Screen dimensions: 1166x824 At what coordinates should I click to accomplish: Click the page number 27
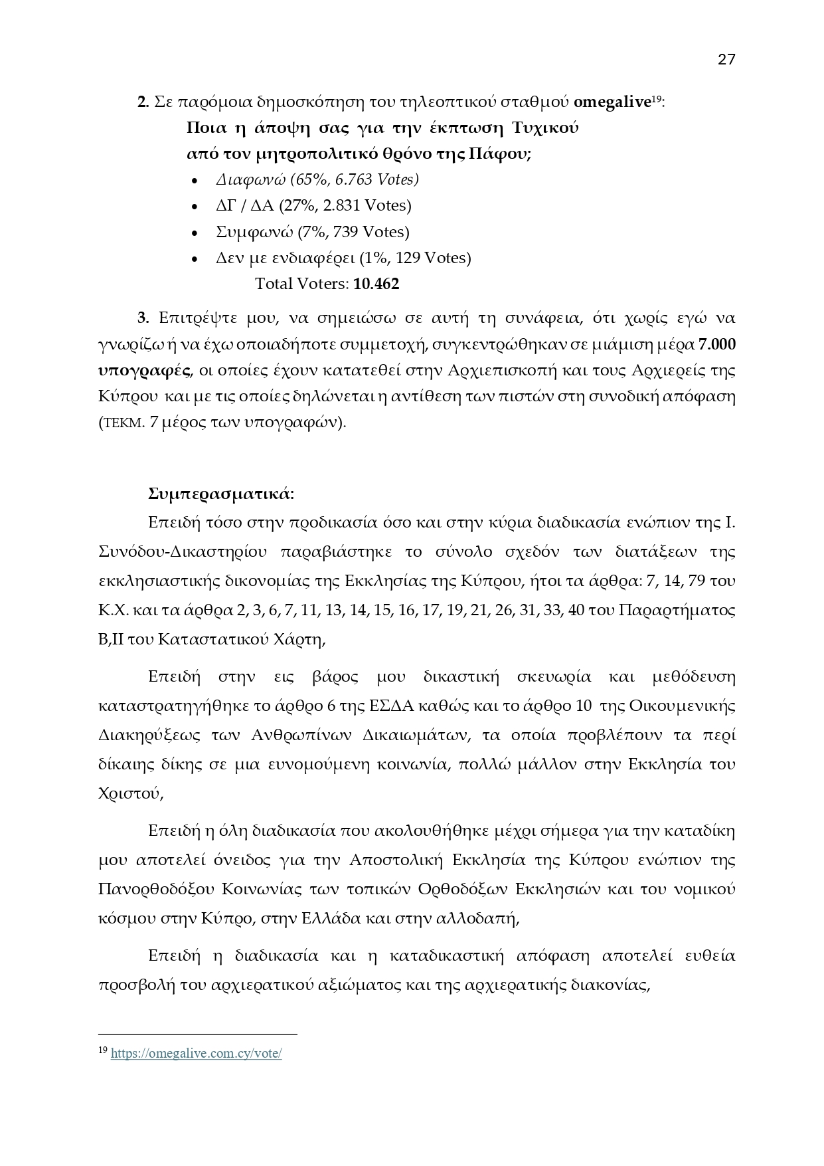pos(726,60)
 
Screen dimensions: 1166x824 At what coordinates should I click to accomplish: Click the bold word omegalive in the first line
pos(611,102)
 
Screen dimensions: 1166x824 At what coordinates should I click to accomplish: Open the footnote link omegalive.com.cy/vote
pos(196,1054)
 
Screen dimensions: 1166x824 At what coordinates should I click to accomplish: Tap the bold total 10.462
pos(376,284)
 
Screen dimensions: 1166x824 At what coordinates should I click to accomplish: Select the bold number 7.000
pos(716,345)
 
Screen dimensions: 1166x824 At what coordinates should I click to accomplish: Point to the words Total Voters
pos(301,284)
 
